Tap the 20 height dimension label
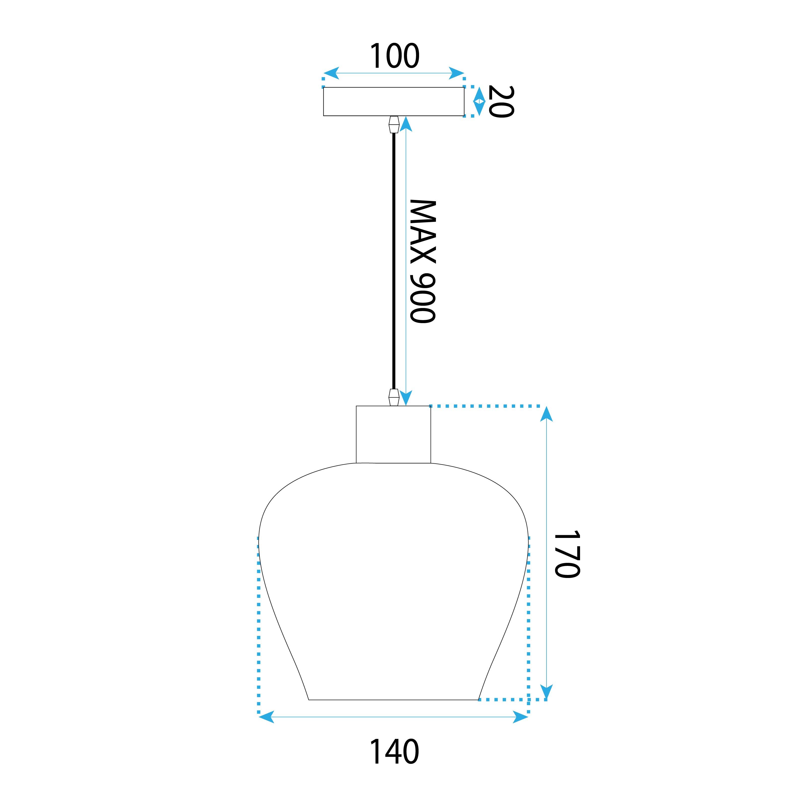pyautogui.click(x=501, y=102)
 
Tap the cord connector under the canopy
pyautogui.click(x=393, y=125)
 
